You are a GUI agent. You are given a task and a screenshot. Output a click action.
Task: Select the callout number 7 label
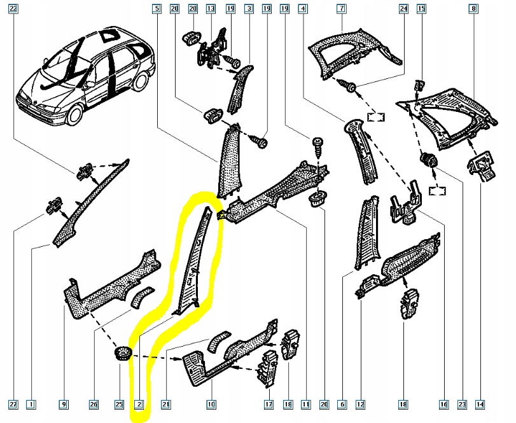[342, 9]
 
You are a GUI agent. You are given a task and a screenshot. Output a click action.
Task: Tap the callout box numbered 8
[473, 9]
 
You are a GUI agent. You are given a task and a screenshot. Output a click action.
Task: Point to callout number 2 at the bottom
[139, 404]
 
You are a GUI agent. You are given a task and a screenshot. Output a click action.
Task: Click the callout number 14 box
[478, 404]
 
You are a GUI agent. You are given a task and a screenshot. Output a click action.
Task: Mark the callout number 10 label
[211, 404]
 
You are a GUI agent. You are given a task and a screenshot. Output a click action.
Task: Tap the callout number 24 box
[402, 9]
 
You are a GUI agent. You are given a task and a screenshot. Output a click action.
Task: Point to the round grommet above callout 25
[121, 353]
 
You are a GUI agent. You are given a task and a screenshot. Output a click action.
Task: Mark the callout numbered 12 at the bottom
[360, 404]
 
